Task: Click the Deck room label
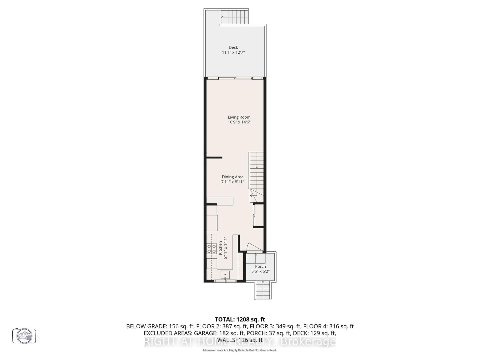pos(233,47)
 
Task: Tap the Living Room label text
pos(239,117)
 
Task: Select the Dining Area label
pos(233,177)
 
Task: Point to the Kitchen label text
pos(220,248)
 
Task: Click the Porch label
pos(261,267)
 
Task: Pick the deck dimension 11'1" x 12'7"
pos(233,53)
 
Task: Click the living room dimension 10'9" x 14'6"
pos(239,122)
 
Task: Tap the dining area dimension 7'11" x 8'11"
pos(233,182)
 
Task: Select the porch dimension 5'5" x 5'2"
pos(261,271)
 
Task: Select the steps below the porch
pos(263,290)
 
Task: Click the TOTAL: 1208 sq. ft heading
pos(240,319)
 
